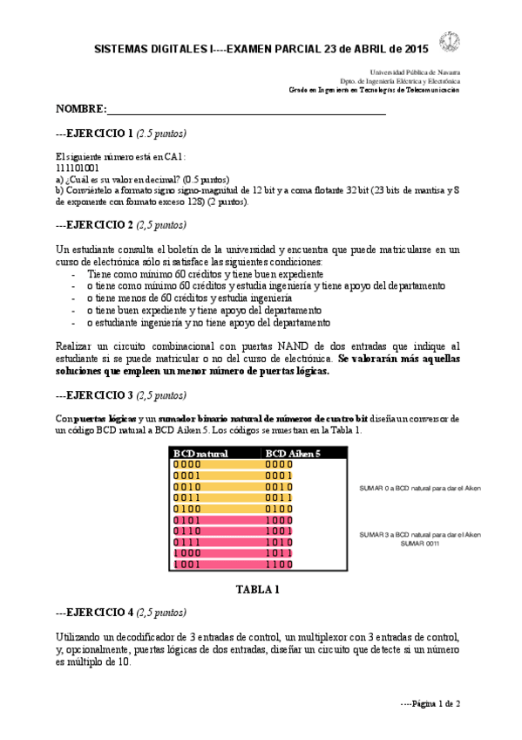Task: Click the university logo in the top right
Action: pyautogui.click(x=451, y=40)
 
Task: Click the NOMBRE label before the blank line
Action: pyautogui.click(x=80, y=109)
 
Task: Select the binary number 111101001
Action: pyautogui.click(x=77, y=167)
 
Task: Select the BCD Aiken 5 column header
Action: pyautogui.click(x=293, y=454)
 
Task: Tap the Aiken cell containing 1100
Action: pyautogui.click(x=279, y=565)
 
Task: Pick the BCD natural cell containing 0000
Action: pyautogui.click(x=187, y=465)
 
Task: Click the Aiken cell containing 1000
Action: pyautogui.click(x=279, y=520)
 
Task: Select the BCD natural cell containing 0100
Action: pyautogui.click(x=187, y=509)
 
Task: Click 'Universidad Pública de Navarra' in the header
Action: pyautogui.click(x=416, y=72)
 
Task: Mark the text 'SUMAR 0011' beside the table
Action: pyautogui.click(x=420, y=543)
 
